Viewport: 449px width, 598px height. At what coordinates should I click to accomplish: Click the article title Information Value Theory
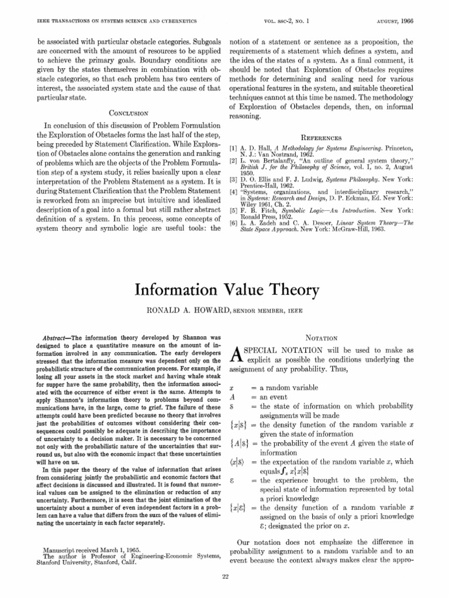coord(224,290)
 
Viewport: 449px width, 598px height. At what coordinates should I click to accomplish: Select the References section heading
coord(324,133)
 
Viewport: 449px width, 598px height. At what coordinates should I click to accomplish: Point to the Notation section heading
coord(324,337)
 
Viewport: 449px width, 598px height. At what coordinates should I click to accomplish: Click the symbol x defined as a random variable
coord(233,387)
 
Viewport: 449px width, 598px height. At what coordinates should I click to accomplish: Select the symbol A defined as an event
coord(233,397)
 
